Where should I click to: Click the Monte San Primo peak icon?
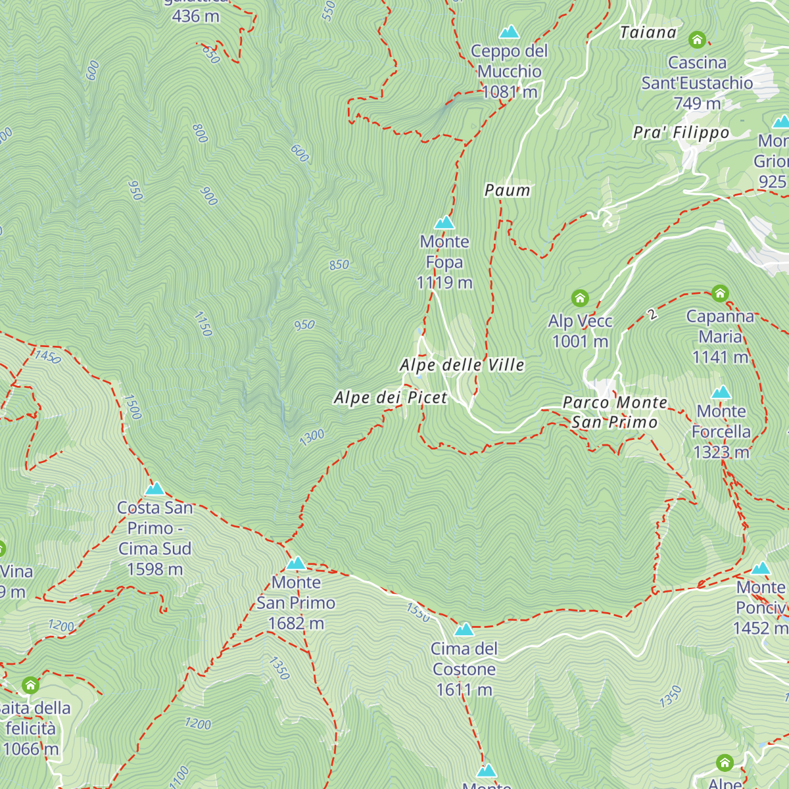tap(296, 563)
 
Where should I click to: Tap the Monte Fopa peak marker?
tap(444, 223)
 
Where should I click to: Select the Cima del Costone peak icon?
tap(464, 630)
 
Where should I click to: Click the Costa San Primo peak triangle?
tap(155, 489)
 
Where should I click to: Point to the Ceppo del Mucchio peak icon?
tap(509, 32)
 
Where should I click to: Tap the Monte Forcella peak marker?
tap(721, 393)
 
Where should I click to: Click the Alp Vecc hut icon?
tap(580, 299)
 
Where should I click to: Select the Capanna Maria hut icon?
tap(720, 293)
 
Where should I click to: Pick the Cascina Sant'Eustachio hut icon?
tap(697, 40)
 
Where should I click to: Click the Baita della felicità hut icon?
tap(30, 686)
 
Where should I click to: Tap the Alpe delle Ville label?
tap(462, 365)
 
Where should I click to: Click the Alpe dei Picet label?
tap(391, 398)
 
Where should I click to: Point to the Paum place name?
tap(507, 191)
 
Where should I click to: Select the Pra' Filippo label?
tap(681, 133)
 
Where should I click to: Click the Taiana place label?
tap(648, 33)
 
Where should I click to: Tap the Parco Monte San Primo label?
tap(615, 412)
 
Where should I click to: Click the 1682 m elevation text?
tap(296, 623)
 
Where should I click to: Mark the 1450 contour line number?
tap(47, 357)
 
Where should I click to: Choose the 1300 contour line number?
tap(312, 437)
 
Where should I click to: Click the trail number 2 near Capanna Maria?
tap(652, 314)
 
